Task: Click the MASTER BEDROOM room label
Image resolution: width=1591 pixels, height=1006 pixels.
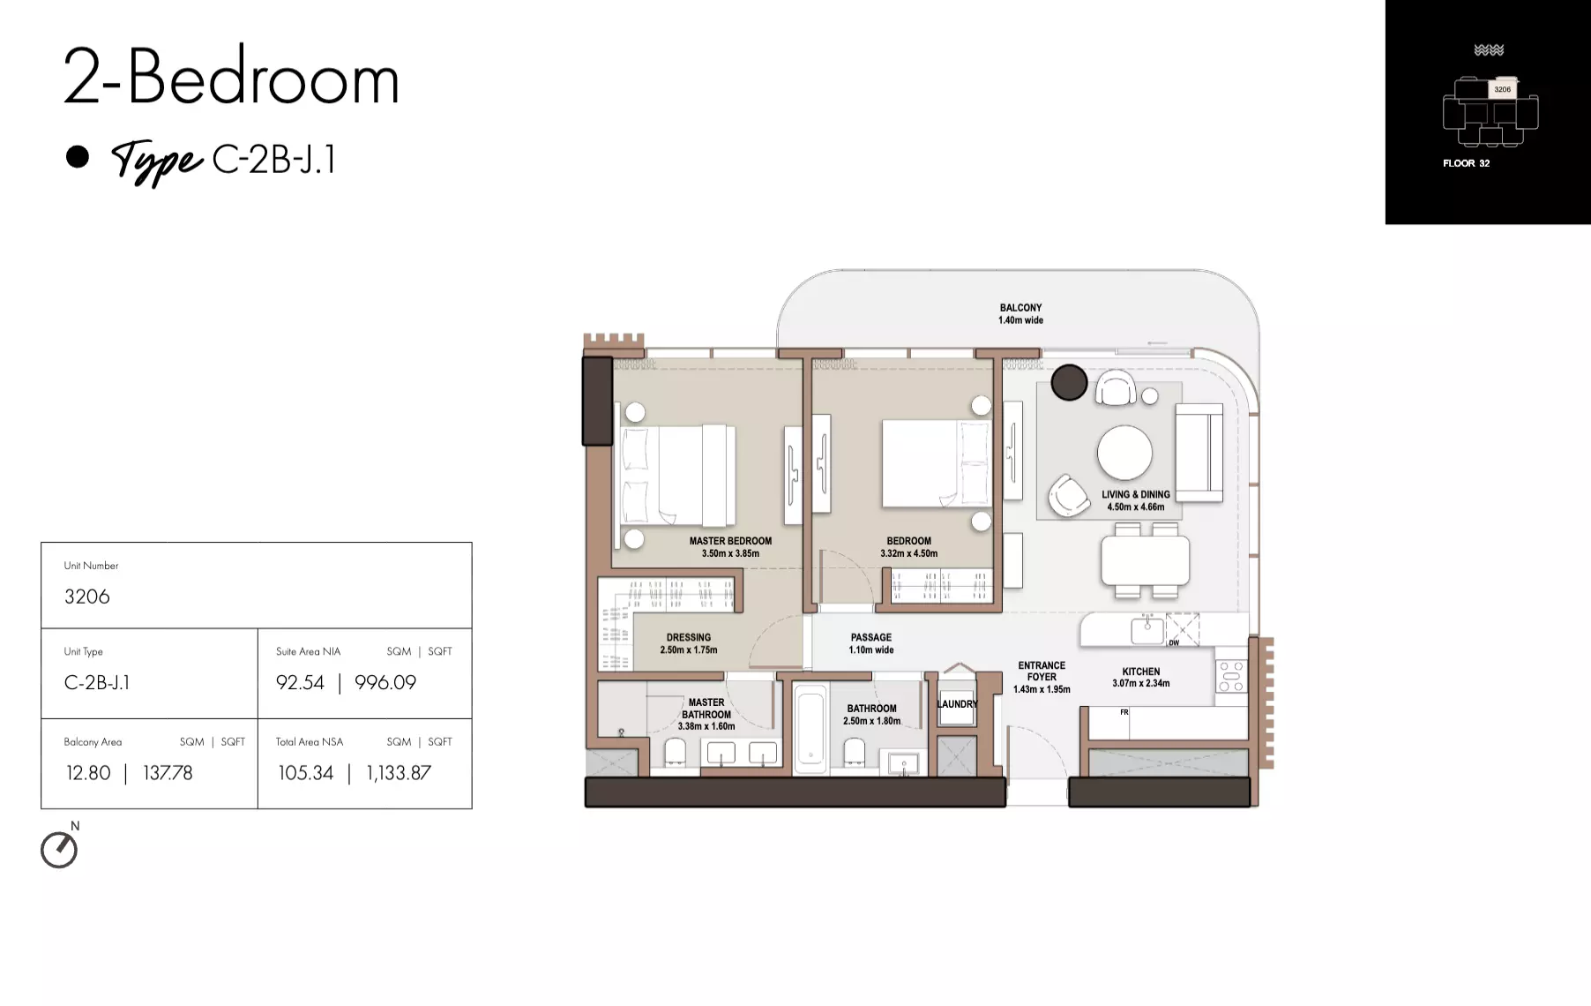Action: pyautogui.click(x=730, y=541)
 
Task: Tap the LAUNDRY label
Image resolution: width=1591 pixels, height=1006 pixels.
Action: pyautogui.click(x=957, y=704)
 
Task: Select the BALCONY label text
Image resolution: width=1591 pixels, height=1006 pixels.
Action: pyautogui.click(x=1020, y=308)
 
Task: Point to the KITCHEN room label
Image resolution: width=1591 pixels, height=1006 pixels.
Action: pyautogui.click(x=1141, y=672)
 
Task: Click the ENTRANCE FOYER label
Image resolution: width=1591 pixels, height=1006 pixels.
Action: pyautogui.click(x=1042, y=672)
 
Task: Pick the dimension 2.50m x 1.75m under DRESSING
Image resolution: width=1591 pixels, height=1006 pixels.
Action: pyautogui.click(x=689, y=650)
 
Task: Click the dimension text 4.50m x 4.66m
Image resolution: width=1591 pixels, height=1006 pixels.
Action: pyautogui.click(x=1136, y=507)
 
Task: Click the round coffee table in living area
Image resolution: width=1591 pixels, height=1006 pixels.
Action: pyautogui.click(x=1124, y=454)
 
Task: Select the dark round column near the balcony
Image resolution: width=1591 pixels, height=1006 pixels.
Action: pyautogui.click(x=1069, y=383)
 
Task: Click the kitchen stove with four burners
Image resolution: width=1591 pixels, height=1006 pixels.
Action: pyautogui.click(x=1231, y=676)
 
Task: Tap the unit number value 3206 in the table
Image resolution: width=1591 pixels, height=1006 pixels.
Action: pyautogui.click(x=87, y=597)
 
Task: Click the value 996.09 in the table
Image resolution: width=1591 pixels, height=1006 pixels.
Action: pyautogui.click(x=385, y=682)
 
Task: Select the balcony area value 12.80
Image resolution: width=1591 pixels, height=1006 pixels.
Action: pyautogui.click(x=88, y=773)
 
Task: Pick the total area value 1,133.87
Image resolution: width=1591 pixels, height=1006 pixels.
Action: pyautogui.click(x=399, y=773)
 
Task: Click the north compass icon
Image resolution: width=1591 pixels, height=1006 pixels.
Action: pyautogui.click(x=59, y=850)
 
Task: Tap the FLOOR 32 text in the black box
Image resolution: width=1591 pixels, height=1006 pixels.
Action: pyautogui.click(x=1466, y=163)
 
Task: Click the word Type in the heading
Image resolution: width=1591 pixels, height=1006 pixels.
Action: pyautogui.click(x=157, y=161)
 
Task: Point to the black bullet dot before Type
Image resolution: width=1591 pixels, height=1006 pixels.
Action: pyautogui.click(x=78, y=156)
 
